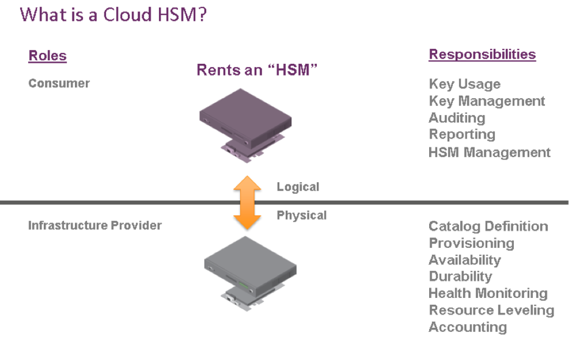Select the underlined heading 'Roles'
(x=47, y=56)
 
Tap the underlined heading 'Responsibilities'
(x=482, y=54)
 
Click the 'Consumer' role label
(x=59, y=83)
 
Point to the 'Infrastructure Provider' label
(x=95, y=225)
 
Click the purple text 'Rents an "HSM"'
(x=258, y=70)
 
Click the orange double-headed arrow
(x=247, y=203)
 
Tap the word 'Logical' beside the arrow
(x=298, y=187)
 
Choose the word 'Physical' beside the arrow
(x=302, y=215)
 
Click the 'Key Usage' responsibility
(x=464, y=84)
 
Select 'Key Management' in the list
(x=486, y=101)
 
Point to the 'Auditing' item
(x=457, y=118)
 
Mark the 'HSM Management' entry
(x=489, y=152)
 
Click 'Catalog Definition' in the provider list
(x=488, y=226)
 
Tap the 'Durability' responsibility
(x=460, y=277)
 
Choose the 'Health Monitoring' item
(x=488, y=293)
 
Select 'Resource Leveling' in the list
(x=491, y=310)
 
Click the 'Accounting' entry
(x=468, y=327)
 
